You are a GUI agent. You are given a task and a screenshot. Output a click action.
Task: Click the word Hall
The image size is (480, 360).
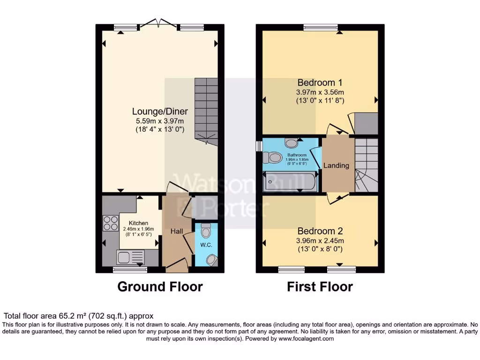[177, 231]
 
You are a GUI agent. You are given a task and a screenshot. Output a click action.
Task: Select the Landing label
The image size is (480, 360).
[337, 165]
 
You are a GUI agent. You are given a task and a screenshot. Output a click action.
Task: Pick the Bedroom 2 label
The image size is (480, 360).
[320, 231]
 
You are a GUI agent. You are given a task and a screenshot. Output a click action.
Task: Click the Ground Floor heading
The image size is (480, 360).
[160, 286]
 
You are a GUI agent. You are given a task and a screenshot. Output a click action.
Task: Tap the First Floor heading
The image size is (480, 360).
[320, 286]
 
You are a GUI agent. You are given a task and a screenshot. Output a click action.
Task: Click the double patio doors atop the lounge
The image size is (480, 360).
[156, 23]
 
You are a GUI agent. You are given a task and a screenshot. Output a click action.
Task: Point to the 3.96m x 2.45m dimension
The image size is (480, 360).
[320, 240]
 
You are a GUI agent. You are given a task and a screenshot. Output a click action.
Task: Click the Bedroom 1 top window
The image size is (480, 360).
[321, 27]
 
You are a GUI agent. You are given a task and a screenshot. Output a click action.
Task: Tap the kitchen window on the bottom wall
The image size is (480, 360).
[130, 270]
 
